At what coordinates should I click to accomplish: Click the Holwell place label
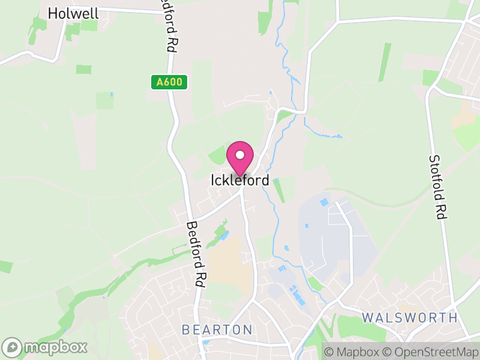pos(73,12)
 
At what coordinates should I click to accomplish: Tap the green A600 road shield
pos(169,82)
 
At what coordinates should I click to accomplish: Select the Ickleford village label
pos(240,180)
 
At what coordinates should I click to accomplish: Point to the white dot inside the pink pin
pos(240,155)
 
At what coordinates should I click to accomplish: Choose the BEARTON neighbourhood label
pos(217,329)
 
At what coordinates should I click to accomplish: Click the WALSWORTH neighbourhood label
pos(410,317)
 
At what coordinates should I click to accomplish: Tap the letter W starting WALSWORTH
pos(367,317)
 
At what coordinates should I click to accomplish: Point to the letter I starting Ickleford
pos(213,180)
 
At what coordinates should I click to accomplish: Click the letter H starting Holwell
pos(52,12)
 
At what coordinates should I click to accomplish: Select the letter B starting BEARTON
pos(185,329)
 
